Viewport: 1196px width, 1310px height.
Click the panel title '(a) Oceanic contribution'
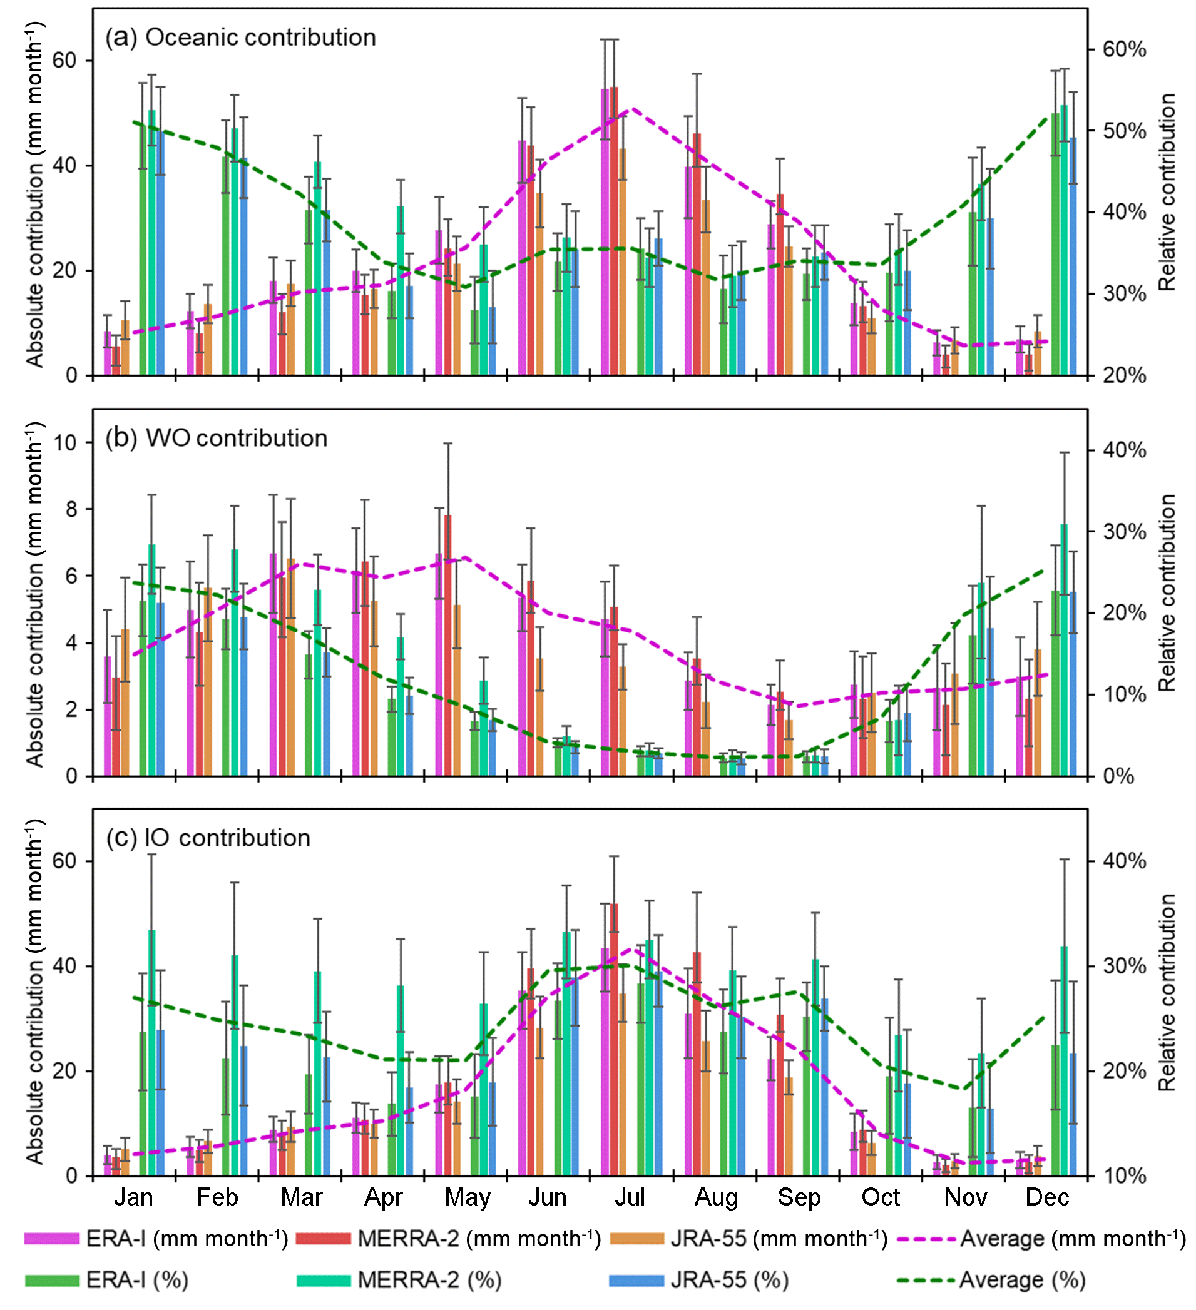point(240,38)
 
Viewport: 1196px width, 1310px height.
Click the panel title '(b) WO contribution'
point(217,439)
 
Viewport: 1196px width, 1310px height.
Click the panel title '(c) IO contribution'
point(208,838)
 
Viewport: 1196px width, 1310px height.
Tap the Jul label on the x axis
point(629,1197)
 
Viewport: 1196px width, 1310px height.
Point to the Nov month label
point(965,1197)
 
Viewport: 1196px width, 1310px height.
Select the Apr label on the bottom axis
point(384,1197)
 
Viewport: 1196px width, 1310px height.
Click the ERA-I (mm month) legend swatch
point(51,1239)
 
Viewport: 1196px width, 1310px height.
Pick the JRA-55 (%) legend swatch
point(636,1280)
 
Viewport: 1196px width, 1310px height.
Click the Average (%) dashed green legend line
point(926,1280)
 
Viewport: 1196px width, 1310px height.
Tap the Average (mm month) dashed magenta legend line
point(926,1239)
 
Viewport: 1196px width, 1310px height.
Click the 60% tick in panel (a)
point(1124,49)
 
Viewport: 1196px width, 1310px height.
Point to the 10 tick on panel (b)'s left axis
point(65,443)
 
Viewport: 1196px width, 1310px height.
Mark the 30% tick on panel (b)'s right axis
point(1124,532)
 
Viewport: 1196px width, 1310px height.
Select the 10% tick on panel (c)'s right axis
point(1124,1176)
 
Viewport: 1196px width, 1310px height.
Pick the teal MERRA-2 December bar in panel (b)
point(1064,650)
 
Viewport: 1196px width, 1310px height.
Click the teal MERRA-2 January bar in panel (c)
point(151,1053)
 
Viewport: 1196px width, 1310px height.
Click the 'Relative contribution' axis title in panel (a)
point(1167,191)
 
